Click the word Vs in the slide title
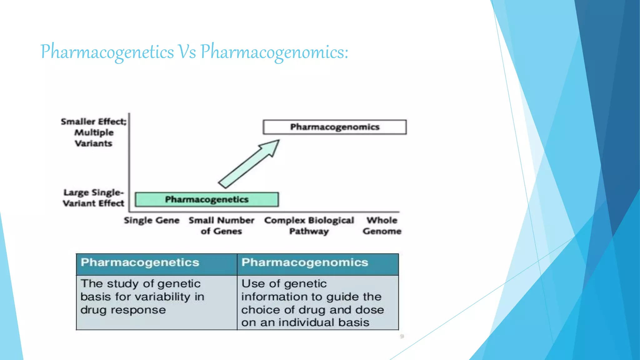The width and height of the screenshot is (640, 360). (x=187, y=52)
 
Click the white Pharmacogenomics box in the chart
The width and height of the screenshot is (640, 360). (x=335, y=127)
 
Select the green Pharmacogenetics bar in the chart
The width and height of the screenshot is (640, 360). (x=207, y=199)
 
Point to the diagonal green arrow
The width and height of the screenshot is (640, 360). (x=249, y=164)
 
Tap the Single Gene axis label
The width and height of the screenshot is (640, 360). (x=152, y=220)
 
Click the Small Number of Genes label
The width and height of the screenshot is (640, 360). (x=221, y=226)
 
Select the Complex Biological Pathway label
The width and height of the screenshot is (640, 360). (x=309, y=226)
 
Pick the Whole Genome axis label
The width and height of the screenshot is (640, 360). (x=382, y=226)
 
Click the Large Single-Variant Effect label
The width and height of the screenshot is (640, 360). (x=93, y=198)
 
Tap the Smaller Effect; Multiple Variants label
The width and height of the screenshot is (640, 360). (x=93, y=132)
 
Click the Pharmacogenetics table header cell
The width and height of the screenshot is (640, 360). (x=157, y=262)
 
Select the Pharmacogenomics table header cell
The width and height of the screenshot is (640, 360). (x=317, y=262)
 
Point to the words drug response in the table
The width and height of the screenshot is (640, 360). (x=123, y=310)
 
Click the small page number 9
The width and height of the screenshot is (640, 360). (x=402, y=336)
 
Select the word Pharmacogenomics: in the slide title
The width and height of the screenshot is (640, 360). (x=274, y=52)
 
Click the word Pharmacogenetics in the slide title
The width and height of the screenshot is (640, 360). (x=107, y=52)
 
